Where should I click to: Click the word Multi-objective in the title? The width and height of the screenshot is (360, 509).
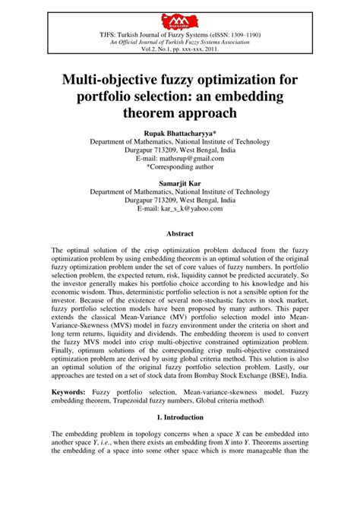pyautogui.click(x=109, y=78)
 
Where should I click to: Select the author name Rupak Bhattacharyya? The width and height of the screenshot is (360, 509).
pyautogui.click(x=179, y=132)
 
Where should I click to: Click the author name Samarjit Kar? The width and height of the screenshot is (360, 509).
pyautogui.click(x=179, y=183)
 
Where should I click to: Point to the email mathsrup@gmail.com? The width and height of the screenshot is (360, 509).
pyautogui.click(x=188, y=160)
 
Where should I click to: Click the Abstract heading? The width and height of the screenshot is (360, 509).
pyautogui.click(x=179, y=234)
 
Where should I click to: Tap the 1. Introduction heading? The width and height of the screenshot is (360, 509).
pyautogui.click(x=179, y=417)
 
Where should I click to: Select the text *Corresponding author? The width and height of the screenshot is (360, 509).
pyautogui.click(x=179, y=169)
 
